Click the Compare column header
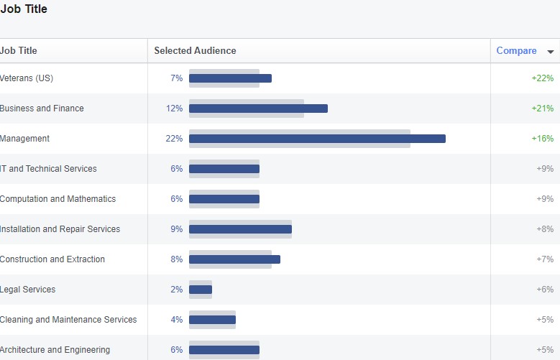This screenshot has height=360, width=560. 516,51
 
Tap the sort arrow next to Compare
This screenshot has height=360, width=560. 551,52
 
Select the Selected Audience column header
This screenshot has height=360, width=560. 195,51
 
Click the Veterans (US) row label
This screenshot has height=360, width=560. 27,78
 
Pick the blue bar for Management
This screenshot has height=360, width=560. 317,139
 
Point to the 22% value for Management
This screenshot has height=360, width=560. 174,139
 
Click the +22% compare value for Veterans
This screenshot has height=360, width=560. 542,78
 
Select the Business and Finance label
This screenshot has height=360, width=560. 42,109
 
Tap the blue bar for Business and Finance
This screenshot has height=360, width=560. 258,109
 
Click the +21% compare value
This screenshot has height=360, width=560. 542,109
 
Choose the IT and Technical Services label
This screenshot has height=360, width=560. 48,169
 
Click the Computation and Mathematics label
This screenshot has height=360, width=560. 58,199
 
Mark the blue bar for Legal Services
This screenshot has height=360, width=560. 201,290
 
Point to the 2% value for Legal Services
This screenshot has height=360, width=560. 176,290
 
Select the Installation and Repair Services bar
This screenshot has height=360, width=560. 240,229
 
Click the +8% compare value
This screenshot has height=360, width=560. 545,229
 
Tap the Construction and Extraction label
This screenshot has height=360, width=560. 52,259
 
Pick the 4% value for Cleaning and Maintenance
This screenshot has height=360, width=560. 176,320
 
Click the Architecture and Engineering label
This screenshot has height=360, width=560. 55,350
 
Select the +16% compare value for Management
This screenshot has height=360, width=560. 542,139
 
